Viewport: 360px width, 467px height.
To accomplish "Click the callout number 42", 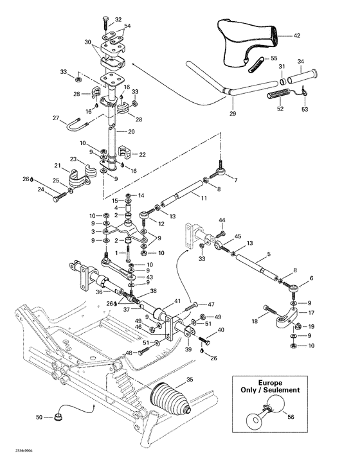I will pyautogui.click(x=296, y=37).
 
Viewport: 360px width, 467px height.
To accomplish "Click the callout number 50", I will pyautogui.click(x=39, y=418).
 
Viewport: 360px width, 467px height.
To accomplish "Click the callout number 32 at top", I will pyautogui.click(x=118, y=20).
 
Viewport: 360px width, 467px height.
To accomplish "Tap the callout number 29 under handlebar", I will pyautogui.click(x=233, y=114).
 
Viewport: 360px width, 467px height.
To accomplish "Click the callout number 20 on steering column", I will pyautogui.click(x=131, y=131).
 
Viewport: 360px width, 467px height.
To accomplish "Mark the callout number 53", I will pyautogui.click(x=305, y=110).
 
